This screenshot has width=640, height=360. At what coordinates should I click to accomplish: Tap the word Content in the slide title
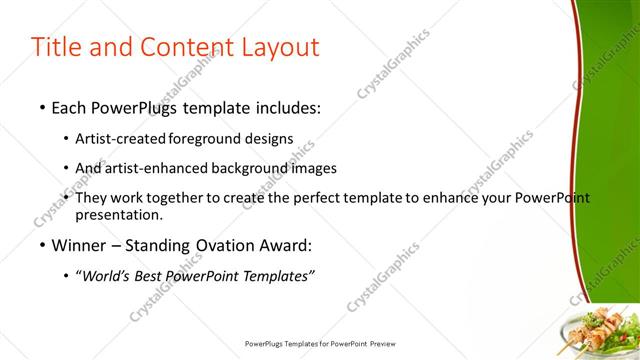pyautogui.click(x=179, y=47)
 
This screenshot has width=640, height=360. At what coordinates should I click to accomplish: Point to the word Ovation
pyautogui.click(x=214, y=245)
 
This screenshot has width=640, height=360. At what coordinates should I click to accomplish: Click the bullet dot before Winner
pyautogui.click(x=41, y=245)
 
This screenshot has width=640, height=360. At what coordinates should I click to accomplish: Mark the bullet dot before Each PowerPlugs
pyautogui.click(x=41, y=107)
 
